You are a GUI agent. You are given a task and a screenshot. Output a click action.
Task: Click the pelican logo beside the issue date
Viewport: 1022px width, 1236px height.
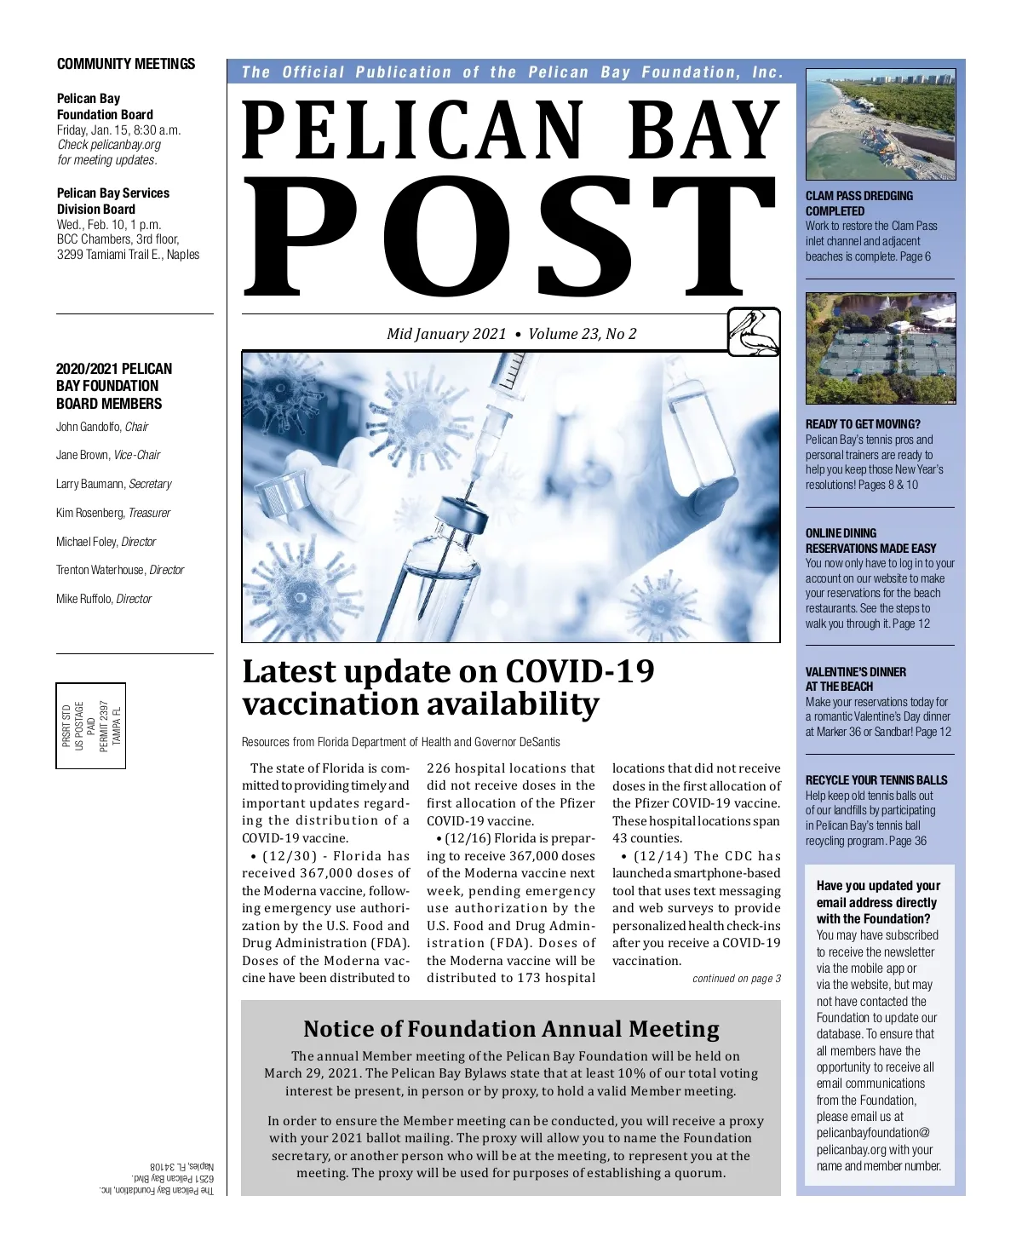(754, 332)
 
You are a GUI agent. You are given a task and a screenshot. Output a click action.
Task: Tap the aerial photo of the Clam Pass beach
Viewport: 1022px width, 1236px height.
(881, 124)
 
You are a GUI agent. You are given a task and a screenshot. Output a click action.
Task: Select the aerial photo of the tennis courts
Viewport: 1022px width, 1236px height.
(881, 348)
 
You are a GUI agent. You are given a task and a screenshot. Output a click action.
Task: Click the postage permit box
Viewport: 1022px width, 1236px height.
(91, 726)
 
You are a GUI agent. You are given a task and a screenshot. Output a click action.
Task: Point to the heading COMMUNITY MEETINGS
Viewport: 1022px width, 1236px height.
(126, 64)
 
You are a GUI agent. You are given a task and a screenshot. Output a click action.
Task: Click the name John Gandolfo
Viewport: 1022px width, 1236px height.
(89, 427)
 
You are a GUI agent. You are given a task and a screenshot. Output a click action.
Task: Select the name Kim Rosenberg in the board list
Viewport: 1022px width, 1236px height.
(89, 513)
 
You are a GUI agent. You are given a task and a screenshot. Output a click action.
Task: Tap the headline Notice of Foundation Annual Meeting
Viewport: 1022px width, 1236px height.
(511, 1029)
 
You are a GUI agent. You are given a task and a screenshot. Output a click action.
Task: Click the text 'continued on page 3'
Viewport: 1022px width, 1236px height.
(736, 979)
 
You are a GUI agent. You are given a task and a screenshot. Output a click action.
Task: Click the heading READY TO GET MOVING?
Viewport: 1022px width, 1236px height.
(863, 424)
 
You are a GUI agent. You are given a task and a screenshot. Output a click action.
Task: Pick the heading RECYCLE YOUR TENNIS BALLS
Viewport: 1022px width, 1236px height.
(876, 780)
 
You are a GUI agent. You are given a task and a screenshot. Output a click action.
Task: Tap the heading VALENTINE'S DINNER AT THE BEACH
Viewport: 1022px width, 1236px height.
(855, 679)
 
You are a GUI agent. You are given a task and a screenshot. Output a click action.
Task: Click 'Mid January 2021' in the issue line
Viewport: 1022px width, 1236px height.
(446, 334)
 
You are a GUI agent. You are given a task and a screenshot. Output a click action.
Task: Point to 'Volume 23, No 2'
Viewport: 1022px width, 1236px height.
(583, 334)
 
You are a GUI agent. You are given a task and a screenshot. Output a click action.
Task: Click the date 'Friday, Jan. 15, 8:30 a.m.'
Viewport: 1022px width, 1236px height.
(118, 130)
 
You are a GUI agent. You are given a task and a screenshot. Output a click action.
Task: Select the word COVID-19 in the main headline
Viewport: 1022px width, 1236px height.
(580, 672)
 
